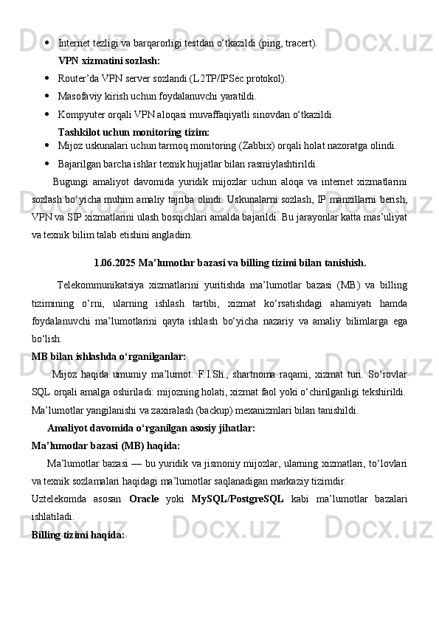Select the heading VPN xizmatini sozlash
coord(109,60)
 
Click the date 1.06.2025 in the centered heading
coord(114,262)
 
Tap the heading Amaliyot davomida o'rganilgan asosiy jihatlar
coord(151,428)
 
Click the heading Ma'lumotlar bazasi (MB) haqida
coord(106,445)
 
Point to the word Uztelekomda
coord(61,499)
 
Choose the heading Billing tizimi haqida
coord(78,535)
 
